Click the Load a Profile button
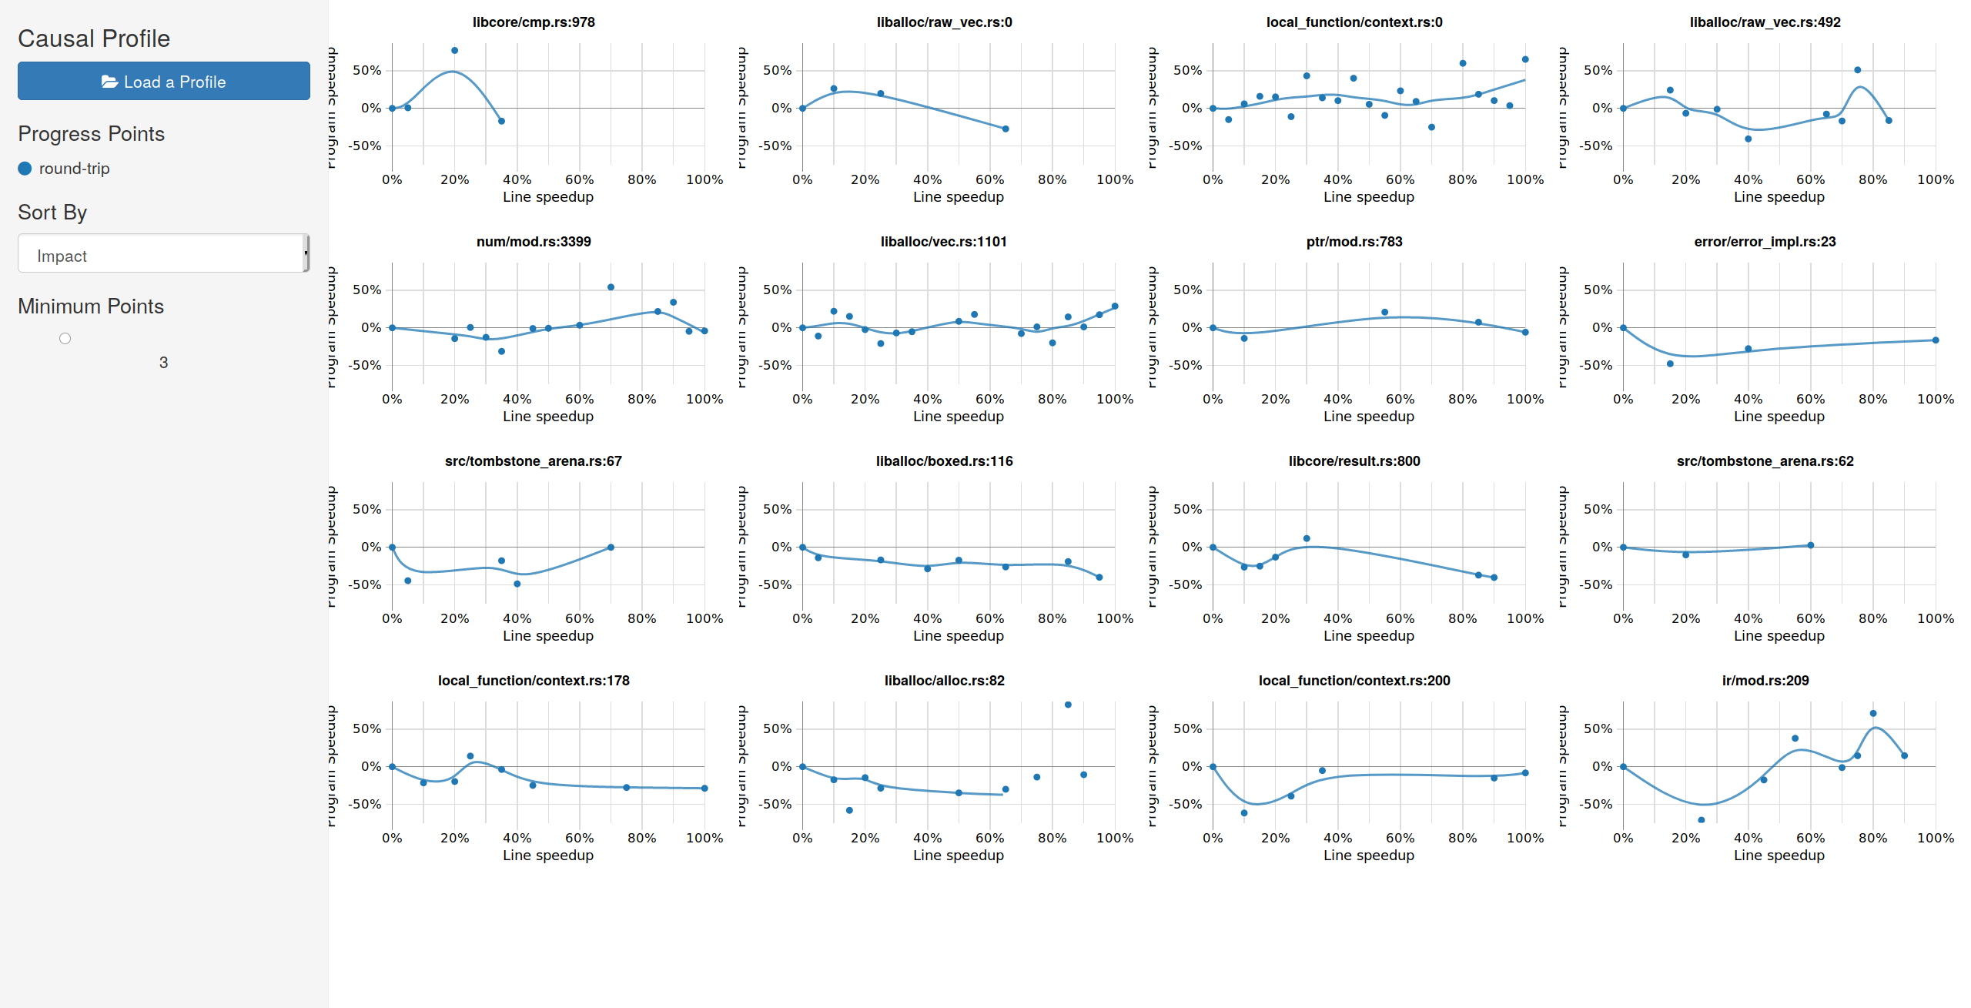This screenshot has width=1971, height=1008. [x=163, y=81]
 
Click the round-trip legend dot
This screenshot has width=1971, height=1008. [x=25, y=169]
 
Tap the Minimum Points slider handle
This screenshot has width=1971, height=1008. [x=65, y=339]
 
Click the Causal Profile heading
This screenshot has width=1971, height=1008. [x=94, y=39]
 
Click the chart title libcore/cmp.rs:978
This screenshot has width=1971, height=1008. [x=534, y=22]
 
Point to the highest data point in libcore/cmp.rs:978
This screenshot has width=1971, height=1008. [x=454, y=51]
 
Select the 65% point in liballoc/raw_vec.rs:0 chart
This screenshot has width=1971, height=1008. [x=1006, y=129]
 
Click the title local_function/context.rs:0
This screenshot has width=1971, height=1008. [x=1354, y=22]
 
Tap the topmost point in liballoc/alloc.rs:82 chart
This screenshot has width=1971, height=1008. [x=1068, y=705]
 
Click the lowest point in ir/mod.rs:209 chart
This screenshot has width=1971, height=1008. [x=1702, y=820]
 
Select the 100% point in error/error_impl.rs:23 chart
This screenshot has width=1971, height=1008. [x=1936, y=340]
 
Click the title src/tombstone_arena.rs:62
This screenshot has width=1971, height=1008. [x=1765, y=461]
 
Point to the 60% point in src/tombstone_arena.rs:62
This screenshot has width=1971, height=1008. [x=1811, y=545]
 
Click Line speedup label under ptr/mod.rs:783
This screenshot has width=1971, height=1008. [x=1368, y=417]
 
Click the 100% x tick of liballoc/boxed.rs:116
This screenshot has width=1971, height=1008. [x=1114, y=618]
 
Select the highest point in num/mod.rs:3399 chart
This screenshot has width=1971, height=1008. [x=611, y=287]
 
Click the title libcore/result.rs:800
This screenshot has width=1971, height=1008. [x=1354, y=461]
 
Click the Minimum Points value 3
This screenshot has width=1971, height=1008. [x=163, y=363]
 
